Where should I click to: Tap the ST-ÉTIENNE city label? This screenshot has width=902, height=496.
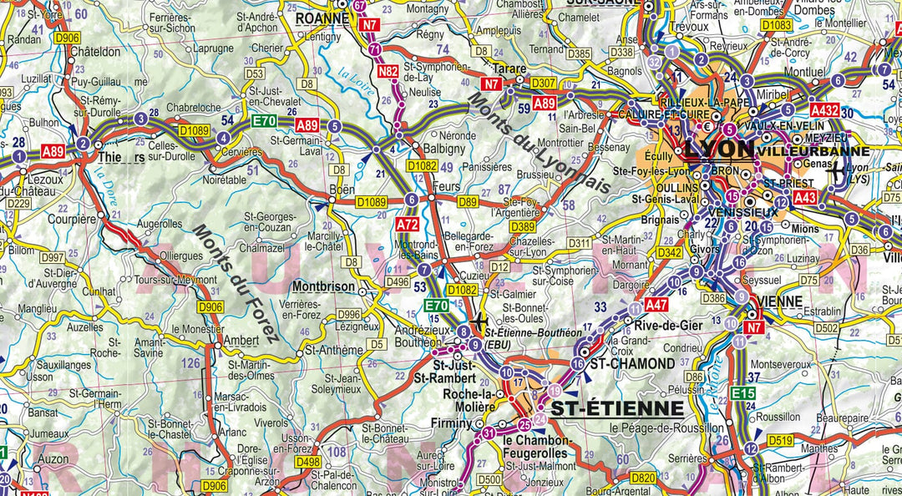point(619,408)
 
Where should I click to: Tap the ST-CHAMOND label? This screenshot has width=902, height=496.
point(632,363)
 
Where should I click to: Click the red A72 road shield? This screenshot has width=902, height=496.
point(408,225)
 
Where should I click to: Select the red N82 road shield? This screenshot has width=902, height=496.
point(387,72)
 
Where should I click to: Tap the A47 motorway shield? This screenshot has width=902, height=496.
point(656,305)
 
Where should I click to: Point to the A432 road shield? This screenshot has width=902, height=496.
point(823,109)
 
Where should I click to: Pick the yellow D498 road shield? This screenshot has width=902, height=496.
point(307,461)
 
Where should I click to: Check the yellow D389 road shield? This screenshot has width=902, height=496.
point(523,226)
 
